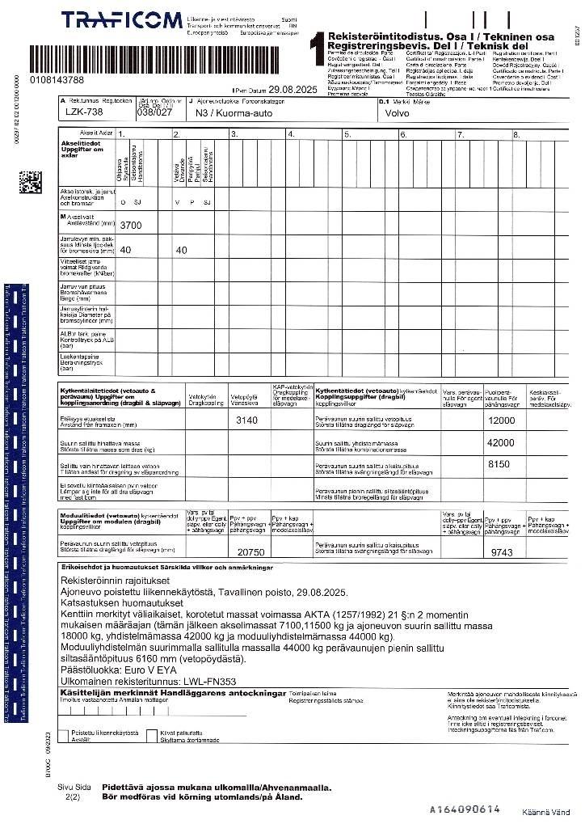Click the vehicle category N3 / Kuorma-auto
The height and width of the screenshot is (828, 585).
(234, 114)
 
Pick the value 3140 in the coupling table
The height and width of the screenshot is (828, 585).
(246, 420)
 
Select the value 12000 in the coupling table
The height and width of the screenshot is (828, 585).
(501, 420)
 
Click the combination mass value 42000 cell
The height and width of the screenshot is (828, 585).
(501, 443)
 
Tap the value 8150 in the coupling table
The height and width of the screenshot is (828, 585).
(499, 464)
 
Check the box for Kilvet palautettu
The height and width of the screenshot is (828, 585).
(154, 734)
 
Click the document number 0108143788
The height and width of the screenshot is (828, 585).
(57, 80)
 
